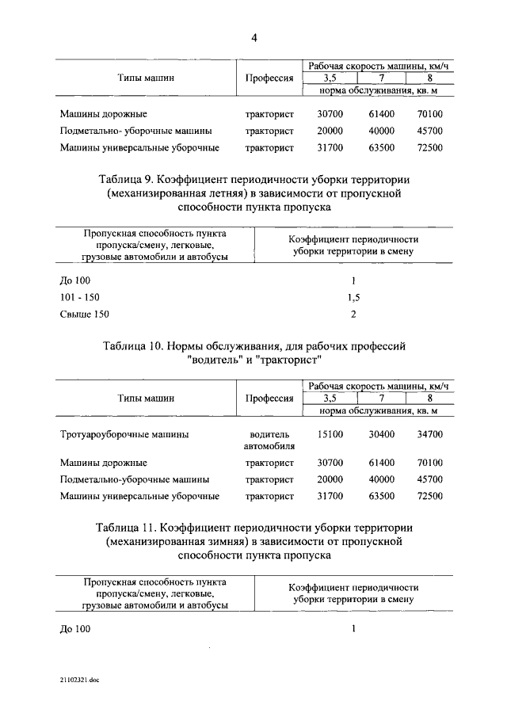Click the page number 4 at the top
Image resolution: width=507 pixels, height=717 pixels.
(x=254, y=37)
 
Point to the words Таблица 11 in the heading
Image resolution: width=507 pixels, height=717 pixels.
(x=126, y=527)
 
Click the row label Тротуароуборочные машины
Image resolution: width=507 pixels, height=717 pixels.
(x=124, y=434)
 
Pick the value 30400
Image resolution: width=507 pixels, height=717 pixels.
(x=382, y=434)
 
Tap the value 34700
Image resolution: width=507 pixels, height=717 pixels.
(x=429, y=434)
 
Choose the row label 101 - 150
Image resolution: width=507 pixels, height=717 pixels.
(x=80, y=297)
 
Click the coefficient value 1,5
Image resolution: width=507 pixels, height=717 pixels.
(x=353, y=297)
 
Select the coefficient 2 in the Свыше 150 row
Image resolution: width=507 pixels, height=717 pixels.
(x=353, y=314)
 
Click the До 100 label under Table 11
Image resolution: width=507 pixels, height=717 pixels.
(x=75, y=629)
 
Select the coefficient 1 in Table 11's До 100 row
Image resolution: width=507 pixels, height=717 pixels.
(x=353, y=629)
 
